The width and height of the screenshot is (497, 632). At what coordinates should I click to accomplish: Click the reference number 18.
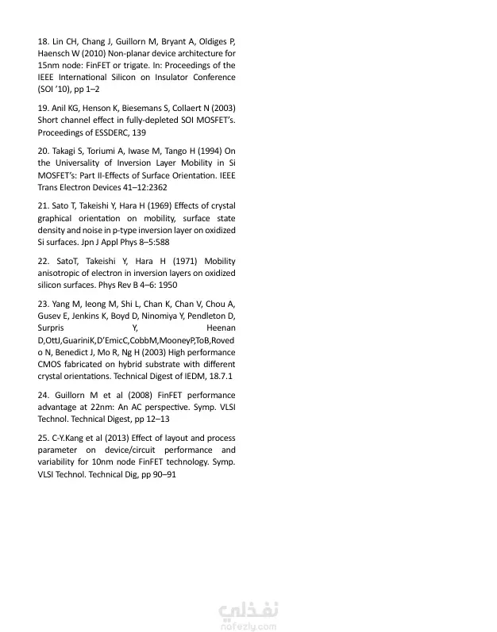(x=43, y=40)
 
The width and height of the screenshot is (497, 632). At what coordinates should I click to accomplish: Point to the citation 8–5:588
(x=151, y=241)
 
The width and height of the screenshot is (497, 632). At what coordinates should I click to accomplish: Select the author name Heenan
(x=220, y=327)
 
